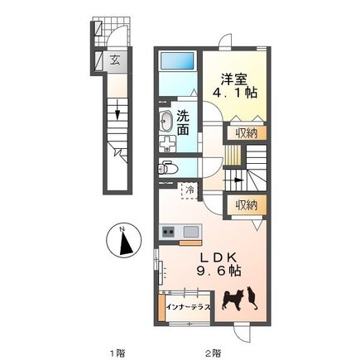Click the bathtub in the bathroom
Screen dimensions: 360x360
[x=177, y=61]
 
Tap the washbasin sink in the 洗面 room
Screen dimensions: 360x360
[x=166, y=122]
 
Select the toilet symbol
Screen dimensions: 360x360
[x=167, y=168]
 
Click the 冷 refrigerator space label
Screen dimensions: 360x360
[x=190, y=190]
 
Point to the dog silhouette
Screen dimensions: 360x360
[x=233, y=300]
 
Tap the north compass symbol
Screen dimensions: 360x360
[x=124, y=240]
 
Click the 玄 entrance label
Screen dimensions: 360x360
[x=115, y=60]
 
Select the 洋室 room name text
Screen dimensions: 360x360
[x=233, y=79]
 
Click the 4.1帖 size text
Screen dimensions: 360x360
[x=235, y=94]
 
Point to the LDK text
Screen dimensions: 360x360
[x=219, y=257]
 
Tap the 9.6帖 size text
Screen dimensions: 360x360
[x=219, y=271]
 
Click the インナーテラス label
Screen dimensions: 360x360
[x=189, y=308]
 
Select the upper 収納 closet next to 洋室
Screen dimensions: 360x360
[x=247, y=133]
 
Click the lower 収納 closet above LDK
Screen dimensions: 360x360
[x=247, y=205]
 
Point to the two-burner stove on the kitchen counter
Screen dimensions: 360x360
[x=168, y=231]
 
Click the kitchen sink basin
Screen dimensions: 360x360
[x=191, y=231]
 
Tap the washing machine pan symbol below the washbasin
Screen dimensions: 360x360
[x=167, y=144]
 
